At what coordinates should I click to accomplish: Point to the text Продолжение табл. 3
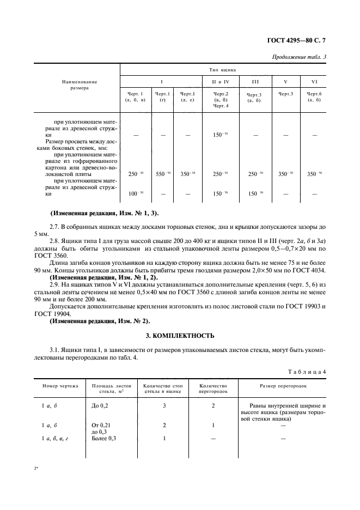coord(301,57)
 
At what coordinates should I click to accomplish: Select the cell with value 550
coord(163,174)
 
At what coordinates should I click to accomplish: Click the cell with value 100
coord(135,194)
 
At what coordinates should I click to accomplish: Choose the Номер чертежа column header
coord(60,385)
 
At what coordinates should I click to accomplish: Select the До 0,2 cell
coord(100,406)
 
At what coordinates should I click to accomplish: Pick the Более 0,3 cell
coord(105,438)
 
